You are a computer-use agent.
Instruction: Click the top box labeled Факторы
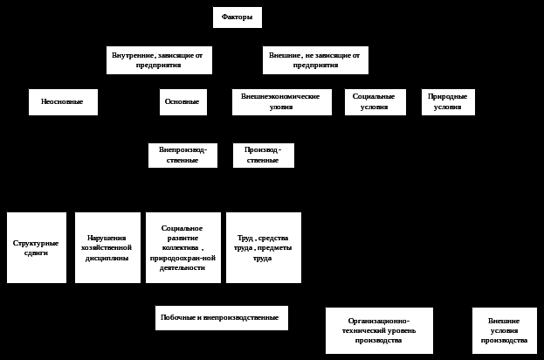(237, 17)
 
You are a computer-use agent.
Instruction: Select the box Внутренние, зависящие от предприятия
(158, 60)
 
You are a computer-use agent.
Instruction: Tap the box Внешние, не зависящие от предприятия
(315, 60)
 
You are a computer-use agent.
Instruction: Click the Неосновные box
(63, 102)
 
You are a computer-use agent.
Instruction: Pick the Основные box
(183, 102)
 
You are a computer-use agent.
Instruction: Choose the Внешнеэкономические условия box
(281, 102)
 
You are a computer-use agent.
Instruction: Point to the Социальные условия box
(375, 102)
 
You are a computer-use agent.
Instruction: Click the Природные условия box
(448, 102)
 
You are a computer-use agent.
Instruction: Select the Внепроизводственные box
(182, 156)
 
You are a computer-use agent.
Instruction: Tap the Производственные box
(264, 156)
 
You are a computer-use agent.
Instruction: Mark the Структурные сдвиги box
(37, 247)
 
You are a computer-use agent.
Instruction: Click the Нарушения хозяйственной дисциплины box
(107, 247)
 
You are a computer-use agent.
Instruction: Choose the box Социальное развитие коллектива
(182, 247)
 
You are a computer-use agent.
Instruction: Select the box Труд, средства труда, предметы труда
(264, 247)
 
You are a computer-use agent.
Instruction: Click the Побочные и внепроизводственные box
(222, 318)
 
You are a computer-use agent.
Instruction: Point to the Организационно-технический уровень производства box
(378, 330)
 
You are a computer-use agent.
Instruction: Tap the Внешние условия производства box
(505, 330)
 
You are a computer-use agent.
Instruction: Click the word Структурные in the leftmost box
(37, 243)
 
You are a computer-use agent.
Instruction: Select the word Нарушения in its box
(107, 238)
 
